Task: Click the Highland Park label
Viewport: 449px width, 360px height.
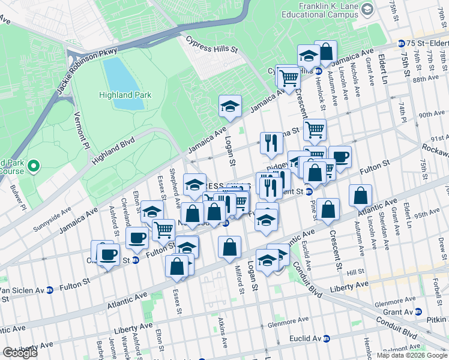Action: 125,95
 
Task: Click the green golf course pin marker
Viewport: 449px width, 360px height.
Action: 33,165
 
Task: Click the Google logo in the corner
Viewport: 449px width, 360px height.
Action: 20,353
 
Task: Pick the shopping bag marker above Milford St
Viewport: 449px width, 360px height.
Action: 230,247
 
